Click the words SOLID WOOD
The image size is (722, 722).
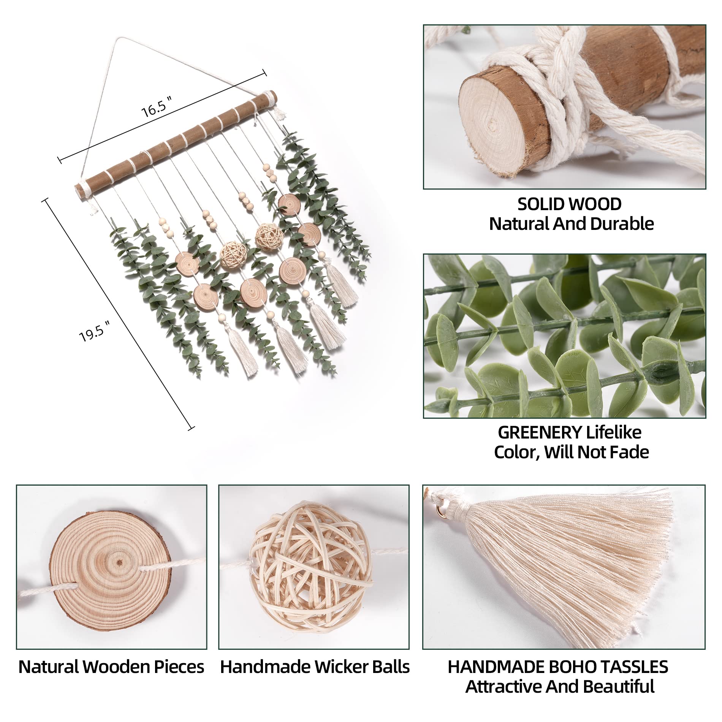pyautogui.click(x=569, y=204)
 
